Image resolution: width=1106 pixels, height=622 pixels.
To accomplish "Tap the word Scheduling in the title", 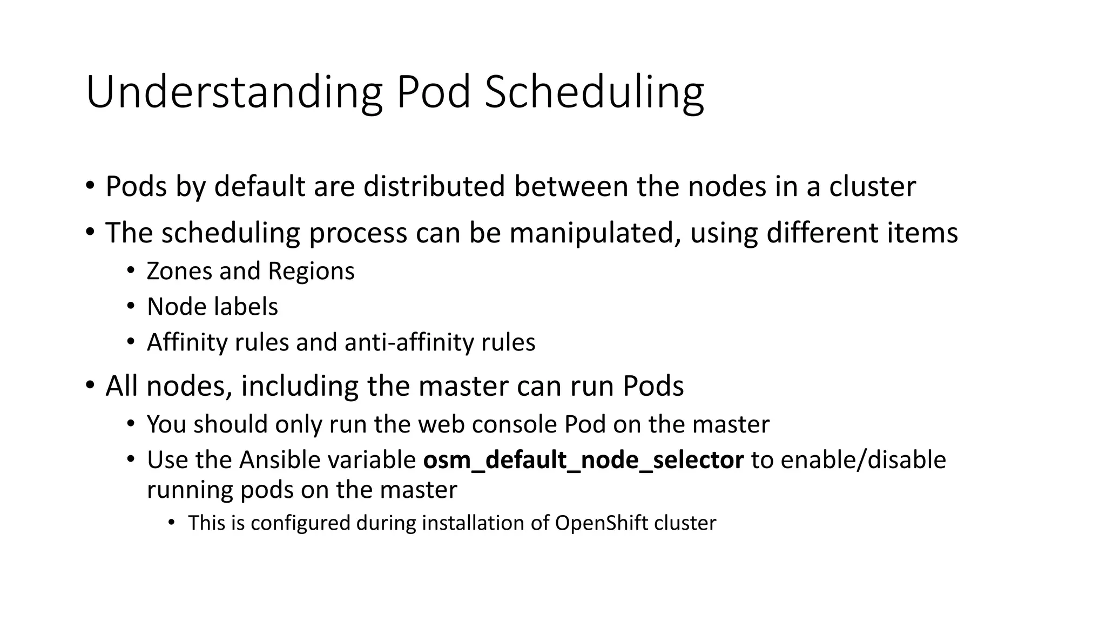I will [594, 93].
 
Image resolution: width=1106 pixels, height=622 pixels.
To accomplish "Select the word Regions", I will [311, 271].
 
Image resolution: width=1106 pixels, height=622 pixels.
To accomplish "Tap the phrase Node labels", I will [212, 307].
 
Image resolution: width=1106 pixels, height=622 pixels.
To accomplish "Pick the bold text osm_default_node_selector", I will [583, 460].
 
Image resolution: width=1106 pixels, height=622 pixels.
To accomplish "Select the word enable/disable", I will [863, 460].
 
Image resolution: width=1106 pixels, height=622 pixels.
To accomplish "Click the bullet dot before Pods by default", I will [90, 186].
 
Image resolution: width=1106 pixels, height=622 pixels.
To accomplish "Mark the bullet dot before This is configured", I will [172, 522].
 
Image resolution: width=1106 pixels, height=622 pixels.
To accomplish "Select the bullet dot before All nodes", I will [90, 386].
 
